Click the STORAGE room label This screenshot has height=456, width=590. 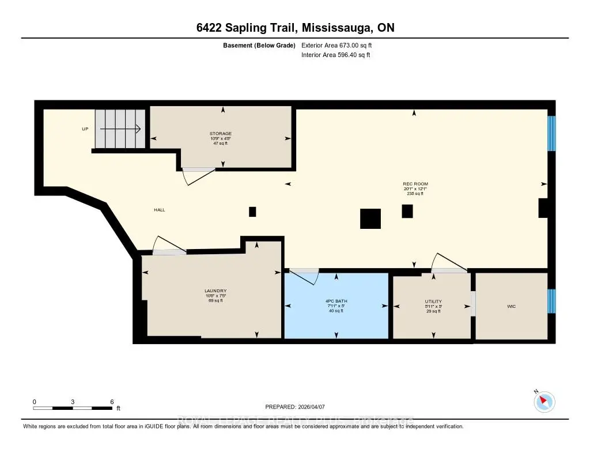(221, 134)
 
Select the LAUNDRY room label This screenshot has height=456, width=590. (215, 291)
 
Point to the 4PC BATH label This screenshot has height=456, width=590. (336, 301)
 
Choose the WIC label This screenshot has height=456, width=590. (511, 306)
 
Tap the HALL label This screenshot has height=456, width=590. (160, 210)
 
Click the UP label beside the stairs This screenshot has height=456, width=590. (85, 129)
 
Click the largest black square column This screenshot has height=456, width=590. (370, 219)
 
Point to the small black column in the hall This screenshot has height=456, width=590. (252, 212)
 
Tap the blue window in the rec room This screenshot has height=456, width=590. (551, 133)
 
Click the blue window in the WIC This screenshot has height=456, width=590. (551, 301)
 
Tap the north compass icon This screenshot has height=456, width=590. (544, 401)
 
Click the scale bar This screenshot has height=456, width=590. (73, 408)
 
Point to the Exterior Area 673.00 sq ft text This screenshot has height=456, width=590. (341, 45)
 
